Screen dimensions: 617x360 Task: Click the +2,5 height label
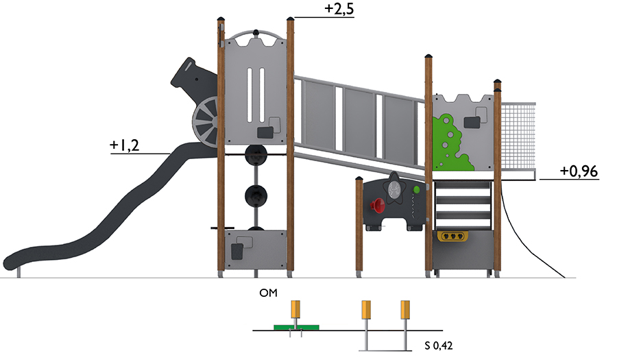coord(339,9)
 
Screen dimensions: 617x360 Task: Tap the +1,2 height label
coord(124,145)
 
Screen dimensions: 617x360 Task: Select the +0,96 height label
coord(579,171)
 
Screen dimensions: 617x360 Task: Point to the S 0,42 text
coord(438,346)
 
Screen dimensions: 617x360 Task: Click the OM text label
coord(268,293)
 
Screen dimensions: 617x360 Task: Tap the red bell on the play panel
coord(378,206)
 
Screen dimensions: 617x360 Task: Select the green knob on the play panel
coord(416,190)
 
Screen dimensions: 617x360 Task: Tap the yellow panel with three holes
coord(452,236)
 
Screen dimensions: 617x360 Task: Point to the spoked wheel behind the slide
coord(205,121)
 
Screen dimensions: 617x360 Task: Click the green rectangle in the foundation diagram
coord(296,327)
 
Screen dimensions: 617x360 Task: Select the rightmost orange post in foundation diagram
coord(405,309)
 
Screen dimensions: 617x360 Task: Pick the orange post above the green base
coord(295,309)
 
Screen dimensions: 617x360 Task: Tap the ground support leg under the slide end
coord(19,274)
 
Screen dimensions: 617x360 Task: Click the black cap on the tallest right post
coord(428,56)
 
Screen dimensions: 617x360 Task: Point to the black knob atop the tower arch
coord(256,33)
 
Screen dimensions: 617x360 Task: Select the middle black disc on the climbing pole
coord(256,196)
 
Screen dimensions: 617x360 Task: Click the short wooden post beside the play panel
coord(359,228)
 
